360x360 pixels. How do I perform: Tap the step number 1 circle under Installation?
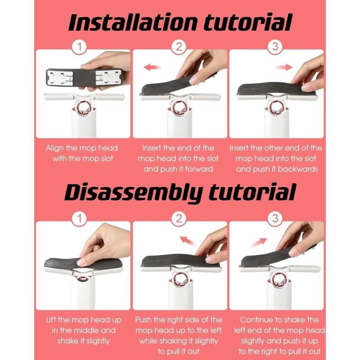click(x=80, y=47)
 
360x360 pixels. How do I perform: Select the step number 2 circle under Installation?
click(x=179, y=47)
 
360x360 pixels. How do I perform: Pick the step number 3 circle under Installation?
click(x=275, y=47)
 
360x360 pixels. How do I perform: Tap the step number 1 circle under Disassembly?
click(x=80, y=219)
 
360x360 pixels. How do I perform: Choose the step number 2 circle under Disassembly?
click(x=179, y=219)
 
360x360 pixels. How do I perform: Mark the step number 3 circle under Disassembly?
click(x=275, y=219)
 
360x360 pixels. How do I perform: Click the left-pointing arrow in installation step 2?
click(x=152, y=67)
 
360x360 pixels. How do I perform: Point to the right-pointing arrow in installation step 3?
click(x=283, y=67)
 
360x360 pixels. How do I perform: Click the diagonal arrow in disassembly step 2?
click(x=187, y=241)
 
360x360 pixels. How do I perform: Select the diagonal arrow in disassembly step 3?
click(x=259, y=242)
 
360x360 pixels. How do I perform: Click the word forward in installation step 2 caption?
click(x=199, y=169)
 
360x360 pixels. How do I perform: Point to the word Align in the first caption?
click(x=55, y=148)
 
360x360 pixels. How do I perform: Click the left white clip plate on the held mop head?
click(x=60, y=77)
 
